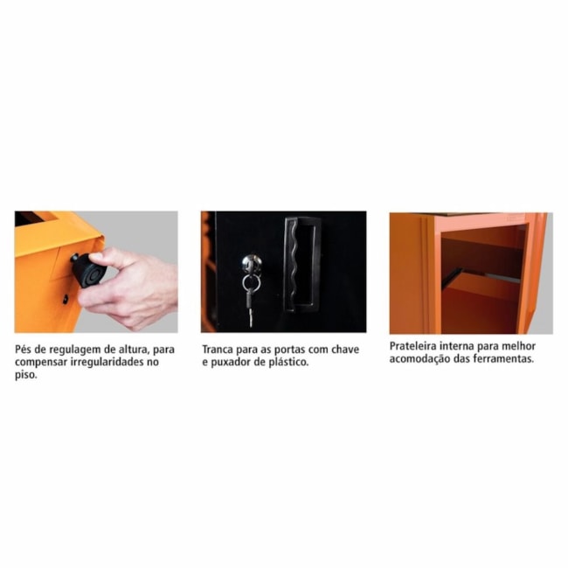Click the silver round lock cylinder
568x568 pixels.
pyautogui.click(x=251, y=263)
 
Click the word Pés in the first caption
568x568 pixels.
pyautogui.click(x=24, y=349)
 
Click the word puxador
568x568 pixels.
pyautogui.click(x=232, y=362)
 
